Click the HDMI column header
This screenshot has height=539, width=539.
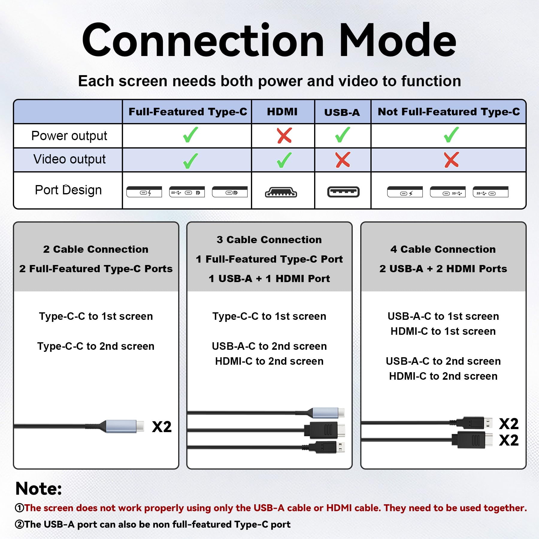(282, 112)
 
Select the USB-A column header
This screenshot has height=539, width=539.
(342, 113)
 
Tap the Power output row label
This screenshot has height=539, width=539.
(69, 136)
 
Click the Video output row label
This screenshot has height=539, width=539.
(69, 159)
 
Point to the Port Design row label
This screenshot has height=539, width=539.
(68, 190)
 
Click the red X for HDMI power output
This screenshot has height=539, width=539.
(284, 136)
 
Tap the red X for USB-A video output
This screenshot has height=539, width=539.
(343, 160)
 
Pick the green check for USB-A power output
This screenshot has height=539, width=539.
(343, 135)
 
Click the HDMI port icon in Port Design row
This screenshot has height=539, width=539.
(281, 192)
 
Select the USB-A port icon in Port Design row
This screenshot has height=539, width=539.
(343, 192)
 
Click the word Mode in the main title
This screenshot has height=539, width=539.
(397, 40)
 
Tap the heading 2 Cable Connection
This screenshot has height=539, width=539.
(96, 249)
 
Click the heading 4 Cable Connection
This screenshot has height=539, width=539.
(443, 249)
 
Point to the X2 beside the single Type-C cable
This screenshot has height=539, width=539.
(162, 427)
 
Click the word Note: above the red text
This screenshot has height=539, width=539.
(39, 489)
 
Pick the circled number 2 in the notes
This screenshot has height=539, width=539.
(19, 524)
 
